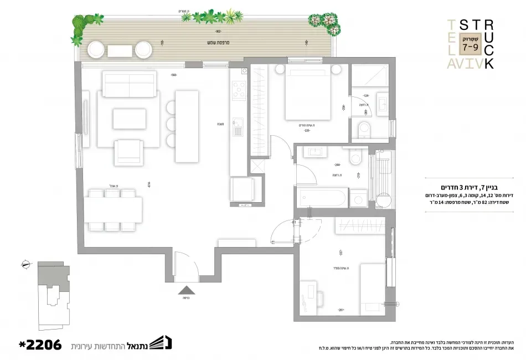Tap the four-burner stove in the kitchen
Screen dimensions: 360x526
click(x=239, y=90)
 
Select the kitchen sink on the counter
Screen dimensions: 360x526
click(x=238, y=127)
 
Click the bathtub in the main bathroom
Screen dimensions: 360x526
click(x=321, y=198)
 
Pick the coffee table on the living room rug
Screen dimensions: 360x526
click(x=130, y=119)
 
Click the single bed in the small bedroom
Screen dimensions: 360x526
click(x=372, y=288)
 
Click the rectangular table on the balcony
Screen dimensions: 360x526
click(x=120, y=50)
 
